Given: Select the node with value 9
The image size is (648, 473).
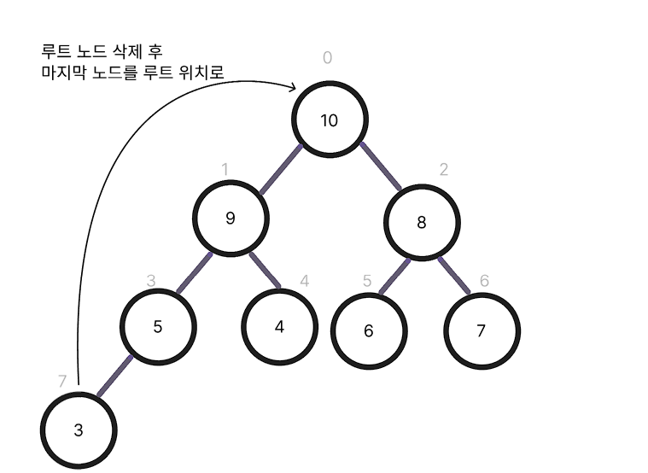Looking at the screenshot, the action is (230, 218).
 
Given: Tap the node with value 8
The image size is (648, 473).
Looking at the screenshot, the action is (421, 223).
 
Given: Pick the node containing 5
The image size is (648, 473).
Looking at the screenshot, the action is (158, 326).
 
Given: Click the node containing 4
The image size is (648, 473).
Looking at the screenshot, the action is (279, 327).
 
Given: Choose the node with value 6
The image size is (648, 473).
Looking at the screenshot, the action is (368, 331).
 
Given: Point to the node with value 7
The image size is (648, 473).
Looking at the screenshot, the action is (481, 331).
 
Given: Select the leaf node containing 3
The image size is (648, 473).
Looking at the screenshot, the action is (79, 430).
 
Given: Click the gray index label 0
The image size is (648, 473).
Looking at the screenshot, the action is (327, 58).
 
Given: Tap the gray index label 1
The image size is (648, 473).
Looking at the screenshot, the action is (225, 168).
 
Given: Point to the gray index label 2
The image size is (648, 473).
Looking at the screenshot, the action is (443, 168).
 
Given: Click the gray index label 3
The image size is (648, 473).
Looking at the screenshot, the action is (151, 280).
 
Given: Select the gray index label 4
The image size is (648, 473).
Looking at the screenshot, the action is (304, 280).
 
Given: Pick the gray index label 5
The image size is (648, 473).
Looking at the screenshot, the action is (367, 280).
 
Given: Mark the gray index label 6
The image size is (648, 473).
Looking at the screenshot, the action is (484, 280).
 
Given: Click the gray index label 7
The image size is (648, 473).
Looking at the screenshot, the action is (62, 382).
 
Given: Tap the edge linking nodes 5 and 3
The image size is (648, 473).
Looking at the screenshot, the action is (116, 376).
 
